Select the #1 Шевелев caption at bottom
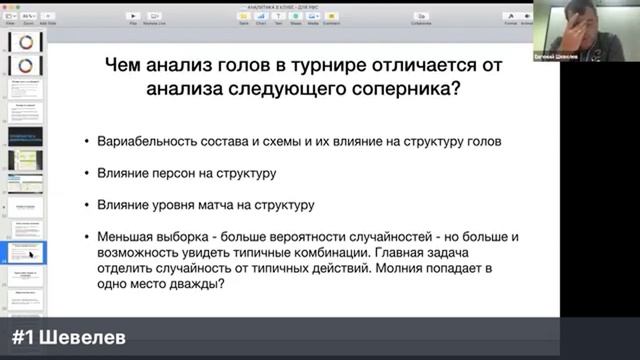point(70,338)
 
